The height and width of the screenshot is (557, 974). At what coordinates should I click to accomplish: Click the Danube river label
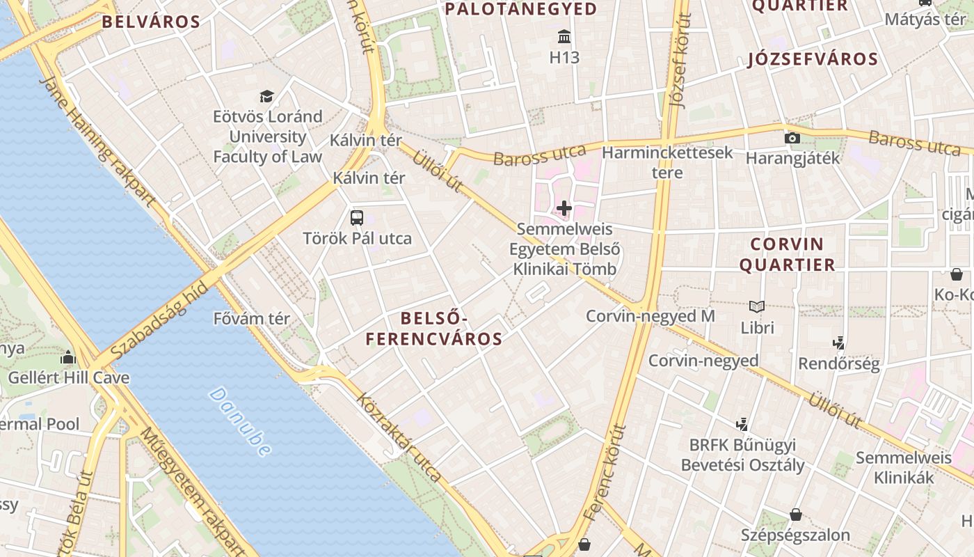[x=239, y=422]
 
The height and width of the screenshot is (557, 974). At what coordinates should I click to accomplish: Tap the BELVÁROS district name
[x=151, y=22]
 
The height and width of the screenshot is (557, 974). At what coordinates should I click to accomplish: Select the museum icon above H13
[x=564, y=36]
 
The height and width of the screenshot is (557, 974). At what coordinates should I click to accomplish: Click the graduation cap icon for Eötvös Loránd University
[x=266, y=96]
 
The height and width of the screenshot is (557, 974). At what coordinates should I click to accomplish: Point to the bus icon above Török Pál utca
[x=357, y=217]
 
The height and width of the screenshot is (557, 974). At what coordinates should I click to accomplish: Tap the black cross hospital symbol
[x=564, y=207]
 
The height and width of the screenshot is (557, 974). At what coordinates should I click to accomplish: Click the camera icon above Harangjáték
[x=792, y=138]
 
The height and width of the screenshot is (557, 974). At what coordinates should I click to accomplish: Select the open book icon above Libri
[x=757, y=306]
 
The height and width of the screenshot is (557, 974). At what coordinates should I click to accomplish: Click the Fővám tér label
[x=251, y=319]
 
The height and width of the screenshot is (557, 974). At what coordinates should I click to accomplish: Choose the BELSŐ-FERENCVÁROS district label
[x=434, y=329]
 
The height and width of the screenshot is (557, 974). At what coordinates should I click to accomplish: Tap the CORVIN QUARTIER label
[x=787, y=255]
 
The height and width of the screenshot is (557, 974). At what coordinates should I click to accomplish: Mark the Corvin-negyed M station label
[x=650, y=316]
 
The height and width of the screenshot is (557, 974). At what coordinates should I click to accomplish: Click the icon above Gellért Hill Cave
[x=68, y=357]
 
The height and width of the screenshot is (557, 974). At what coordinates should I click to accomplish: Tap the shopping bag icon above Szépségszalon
[x=796, y=515]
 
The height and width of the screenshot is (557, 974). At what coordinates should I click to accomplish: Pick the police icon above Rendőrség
[x=839, y=343]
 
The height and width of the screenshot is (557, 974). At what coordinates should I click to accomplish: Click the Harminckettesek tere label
[x=667, y=162]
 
